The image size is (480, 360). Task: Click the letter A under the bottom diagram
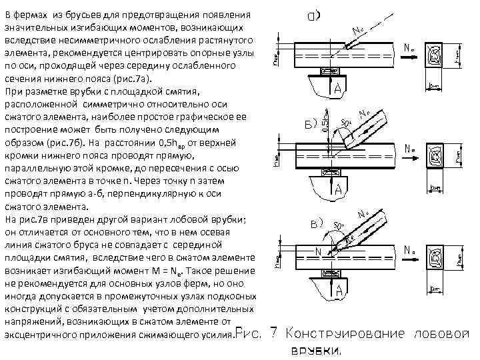[x=339, y=289]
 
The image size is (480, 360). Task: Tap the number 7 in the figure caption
[x=273, y=331]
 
